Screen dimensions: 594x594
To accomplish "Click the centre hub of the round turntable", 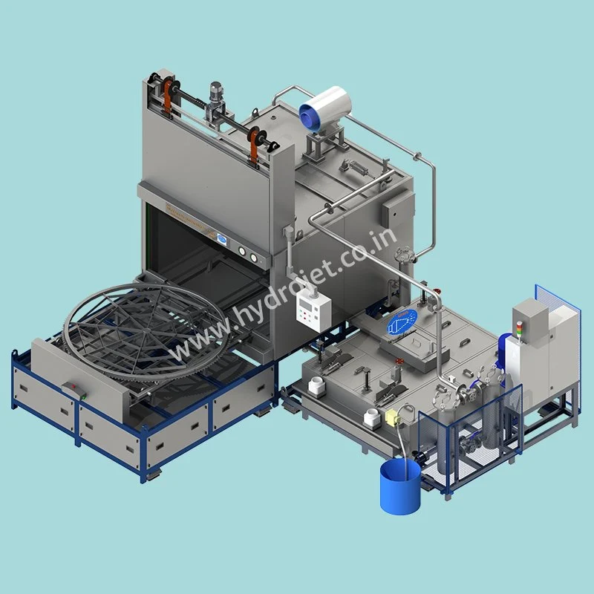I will (146, 324).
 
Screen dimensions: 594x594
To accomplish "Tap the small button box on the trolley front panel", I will (72, 387).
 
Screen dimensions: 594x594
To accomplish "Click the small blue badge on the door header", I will (221, 239).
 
